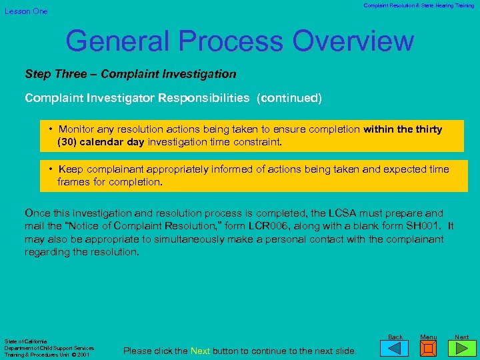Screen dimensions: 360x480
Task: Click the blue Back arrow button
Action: (x=395, y=347)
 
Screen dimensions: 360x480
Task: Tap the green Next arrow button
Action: (x=461, y=347)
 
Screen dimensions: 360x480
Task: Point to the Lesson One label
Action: (x=26, y=11)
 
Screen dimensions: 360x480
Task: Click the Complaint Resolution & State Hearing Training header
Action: (x=419, y=6)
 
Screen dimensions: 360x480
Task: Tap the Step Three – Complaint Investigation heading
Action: (x=131, y=74)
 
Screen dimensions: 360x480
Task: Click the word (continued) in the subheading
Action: (x=291, y=98)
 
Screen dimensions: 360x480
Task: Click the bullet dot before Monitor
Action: (x=51, y=129)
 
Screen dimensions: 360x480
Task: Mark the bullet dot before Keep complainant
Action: (x=51, y=169)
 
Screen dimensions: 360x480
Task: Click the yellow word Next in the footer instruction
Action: (x=201, y=351)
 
